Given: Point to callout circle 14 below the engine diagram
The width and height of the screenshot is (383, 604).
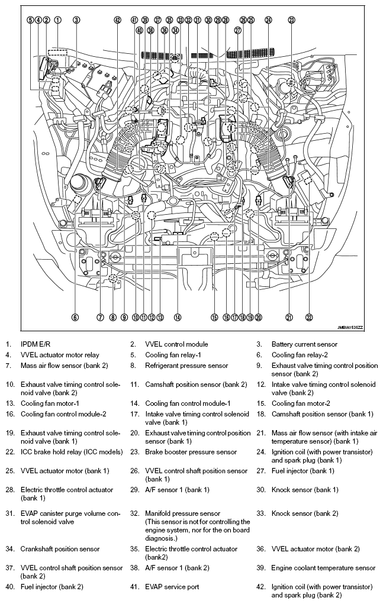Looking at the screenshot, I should pyautogui.click(x=177, y=318).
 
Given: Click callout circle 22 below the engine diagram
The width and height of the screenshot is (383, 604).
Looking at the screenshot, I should pyautogui.click(x=309, y=318).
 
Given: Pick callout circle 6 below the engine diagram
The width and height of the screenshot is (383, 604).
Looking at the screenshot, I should pyautogui.click(x=75, y=318).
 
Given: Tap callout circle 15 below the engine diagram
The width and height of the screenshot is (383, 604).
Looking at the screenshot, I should pyautogui.click(x=214, y=318).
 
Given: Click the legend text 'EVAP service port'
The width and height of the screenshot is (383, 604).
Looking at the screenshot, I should pyautogui.click(x=172, y=587).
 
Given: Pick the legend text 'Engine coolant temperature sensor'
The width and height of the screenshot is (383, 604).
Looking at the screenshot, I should pyautogui.click(x=323, y=568).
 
